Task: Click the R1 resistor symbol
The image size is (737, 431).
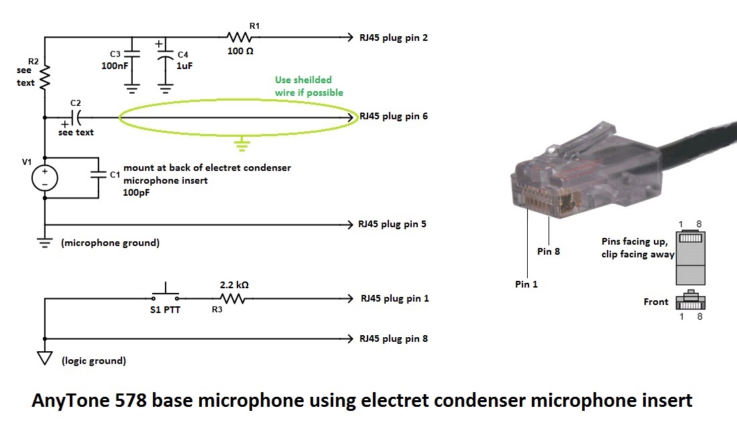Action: click(x=239, y=38)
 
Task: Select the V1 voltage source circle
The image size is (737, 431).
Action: click(x=45, y=178)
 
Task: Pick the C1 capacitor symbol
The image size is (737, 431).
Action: click(x=98, y=176)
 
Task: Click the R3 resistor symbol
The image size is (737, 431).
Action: click(x=233, y=299)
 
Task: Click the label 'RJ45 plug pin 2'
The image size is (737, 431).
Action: click(x=394, y=38)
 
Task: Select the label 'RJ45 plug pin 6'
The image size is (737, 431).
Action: click(x=394, y=116)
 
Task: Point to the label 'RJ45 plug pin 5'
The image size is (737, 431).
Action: click(x=392, y=224)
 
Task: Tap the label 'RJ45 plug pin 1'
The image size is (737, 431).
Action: click(x=394, y=298)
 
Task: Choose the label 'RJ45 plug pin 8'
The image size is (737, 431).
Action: click(x=394, y=338)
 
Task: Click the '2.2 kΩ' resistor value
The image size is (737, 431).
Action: click(x=234, y=285)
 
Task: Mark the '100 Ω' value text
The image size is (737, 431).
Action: click(x=239, y=51)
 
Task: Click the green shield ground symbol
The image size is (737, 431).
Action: click(x=241, y=143)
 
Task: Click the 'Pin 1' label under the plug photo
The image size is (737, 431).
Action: click(x=526, y=284)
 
